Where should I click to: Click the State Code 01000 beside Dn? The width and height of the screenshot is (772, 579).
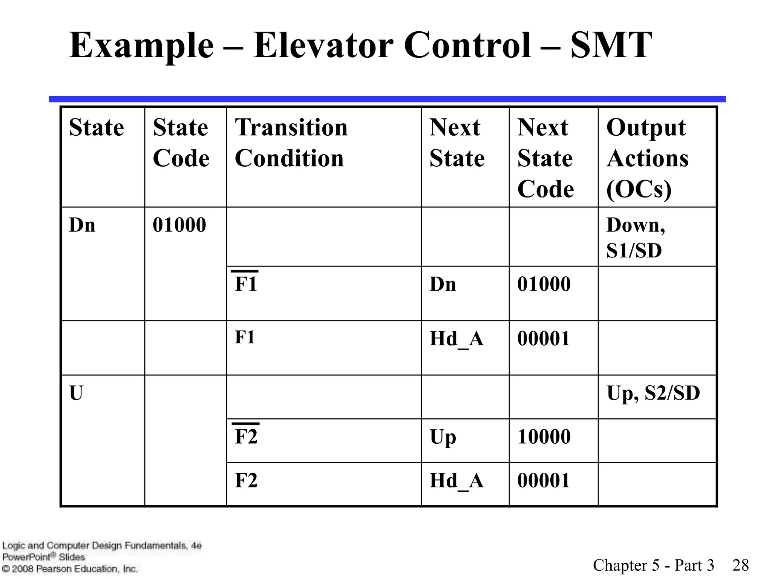pyautogui.click(x=179, y=225)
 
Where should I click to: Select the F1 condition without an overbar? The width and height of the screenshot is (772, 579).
pyautogui.click(x=245, y=337)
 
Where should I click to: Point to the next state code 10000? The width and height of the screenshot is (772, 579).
pyautogui.click(x=544, y=437)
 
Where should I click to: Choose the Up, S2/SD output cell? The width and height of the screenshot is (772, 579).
pyautogui.click(x=653, y=393)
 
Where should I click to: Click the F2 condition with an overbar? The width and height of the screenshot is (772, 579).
pyautogui.click(x=246, y=436)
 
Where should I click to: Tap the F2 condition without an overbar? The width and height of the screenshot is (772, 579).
pyautogui.click(x=246, y=480)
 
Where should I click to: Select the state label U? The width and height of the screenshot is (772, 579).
pyautogui.click(x=76, y=393)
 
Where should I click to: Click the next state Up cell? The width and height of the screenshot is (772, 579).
pyautogui.click(x=443, y=437)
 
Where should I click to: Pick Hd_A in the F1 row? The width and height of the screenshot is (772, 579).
pyautogui.click(x=456, y=339)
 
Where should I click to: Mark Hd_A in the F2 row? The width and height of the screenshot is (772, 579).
pyautogui.click(x=456, y=481)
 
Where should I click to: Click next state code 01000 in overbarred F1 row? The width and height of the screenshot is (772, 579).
pyautogui.click(x=544, y=284)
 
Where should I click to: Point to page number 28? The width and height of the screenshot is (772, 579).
pyautogui.click(x=740, y=565)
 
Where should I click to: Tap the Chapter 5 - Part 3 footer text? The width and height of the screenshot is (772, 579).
pyautogui.click(x=653, y=565)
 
